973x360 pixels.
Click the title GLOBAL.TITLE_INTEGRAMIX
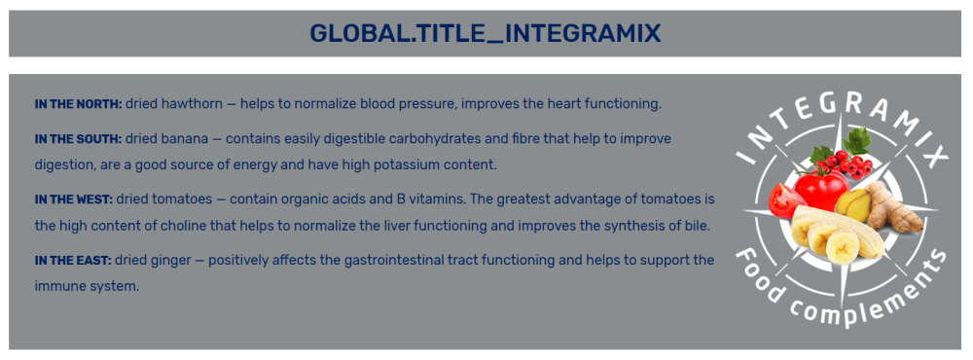(x=486, y=33)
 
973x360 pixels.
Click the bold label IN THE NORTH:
(x=79, y=104)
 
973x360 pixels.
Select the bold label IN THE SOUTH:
(x=78, y=138)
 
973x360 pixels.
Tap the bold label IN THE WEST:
(x=74, y=199)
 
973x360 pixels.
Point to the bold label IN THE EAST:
(x=73, y=260)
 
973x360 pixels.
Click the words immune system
(x=87, y=287)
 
